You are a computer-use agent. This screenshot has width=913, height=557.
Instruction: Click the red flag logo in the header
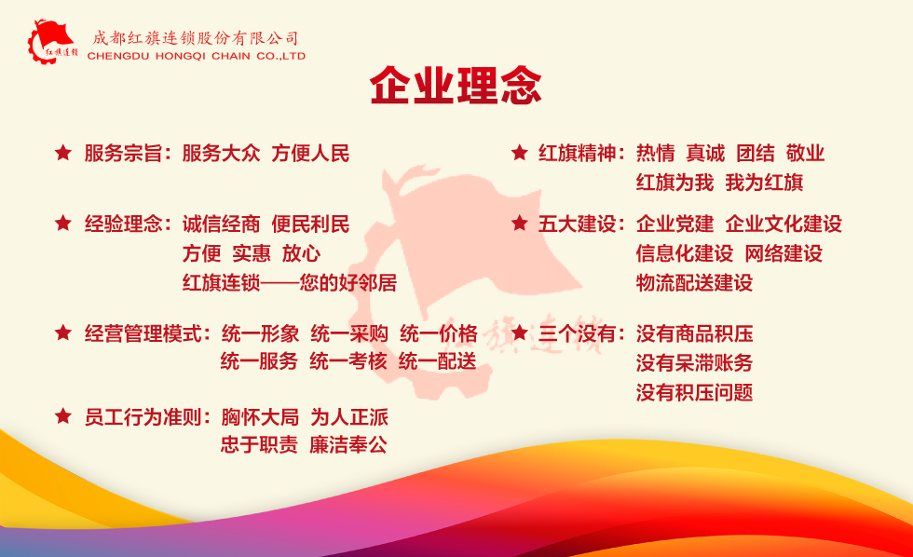(x=52, y=41)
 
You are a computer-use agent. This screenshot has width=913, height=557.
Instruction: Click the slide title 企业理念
(x=456, y=86)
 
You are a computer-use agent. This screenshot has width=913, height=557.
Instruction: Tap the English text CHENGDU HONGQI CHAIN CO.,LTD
(x=197, y=57)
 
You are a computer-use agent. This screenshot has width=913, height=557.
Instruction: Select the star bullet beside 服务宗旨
(x=63, y=153)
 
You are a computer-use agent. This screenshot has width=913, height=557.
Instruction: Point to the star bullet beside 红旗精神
(x=520, y=153)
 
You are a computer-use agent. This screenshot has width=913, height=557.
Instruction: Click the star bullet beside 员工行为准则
(x=63, y=416)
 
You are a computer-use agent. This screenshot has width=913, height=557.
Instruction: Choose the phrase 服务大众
(x=222, y=154)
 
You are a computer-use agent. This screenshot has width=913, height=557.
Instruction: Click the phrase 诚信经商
(x=222, y=224)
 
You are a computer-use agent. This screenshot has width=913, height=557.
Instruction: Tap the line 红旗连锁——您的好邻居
(x=290, y=283)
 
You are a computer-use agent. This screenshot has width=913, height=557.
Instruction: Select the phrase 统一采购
(x=349, y=334)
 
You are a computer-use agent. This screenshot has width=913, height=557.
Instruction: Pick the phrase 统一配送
(x=438, y=361)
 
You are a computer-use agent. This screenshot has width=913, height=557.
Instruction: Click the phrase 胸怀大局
(x=260, y=417)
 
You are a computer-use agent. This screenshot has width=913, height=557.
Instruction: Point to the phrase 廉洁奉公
(x=348, y=445)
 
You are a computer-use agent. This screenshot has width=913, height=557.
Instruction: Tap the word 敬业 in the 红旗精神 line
(x=805, y=154)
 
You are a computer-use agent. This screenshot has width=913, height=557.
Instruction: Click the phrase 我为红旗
(x=764, y=183)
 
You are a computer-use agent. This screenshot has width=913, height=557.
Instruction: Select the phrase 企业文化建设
(x=784, y=224)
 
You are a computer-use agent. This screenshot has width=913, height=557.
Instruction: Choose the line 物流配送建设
(x=694, y=283)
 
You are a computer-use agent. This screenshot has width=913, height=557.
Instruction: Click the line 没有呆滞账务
(x=694, y=363)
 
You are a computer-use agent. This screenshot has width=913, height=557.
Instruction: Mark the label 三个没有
(x=577, y=334)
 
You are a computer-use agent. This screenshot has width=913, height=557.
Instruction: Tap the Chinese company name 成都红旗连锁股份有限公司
(x=196, y=38)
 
